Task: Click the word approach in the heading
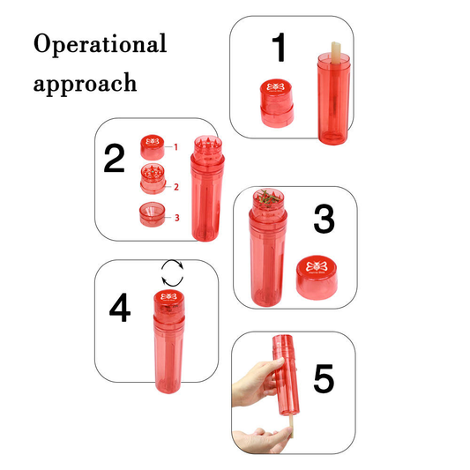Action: click(x=86, y=84)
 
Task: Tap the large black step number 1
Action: click(x=279, y=47)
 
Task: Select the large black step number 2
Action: click(x=114, y=158)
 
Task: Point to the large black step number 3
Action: click(x=324, y=219)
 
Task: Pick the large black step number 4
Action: click(x=120, y=307)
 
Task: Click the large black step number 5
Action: click(x=324, y=378)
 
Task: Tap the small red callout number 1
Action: click(x=176, y=147)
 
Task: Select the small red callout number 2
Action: click(x=176, y=187)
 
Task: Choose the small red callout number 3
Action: click(x=177, y=218)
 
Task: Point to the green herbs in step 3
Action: click(x=268, y=197)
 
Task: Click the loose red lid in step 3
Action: click(x=317, y=277)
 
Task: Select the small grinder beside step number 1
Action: click(x=277, y=103)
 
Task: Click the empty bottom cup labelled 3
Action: click(x=153, y=214)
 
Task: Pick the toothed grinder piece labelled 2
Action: click(x=153, y=179)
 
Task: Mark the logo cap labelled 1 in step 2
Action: click(x=153, y=147)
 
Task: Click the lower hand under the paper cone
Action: click(x=261, y=440)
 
